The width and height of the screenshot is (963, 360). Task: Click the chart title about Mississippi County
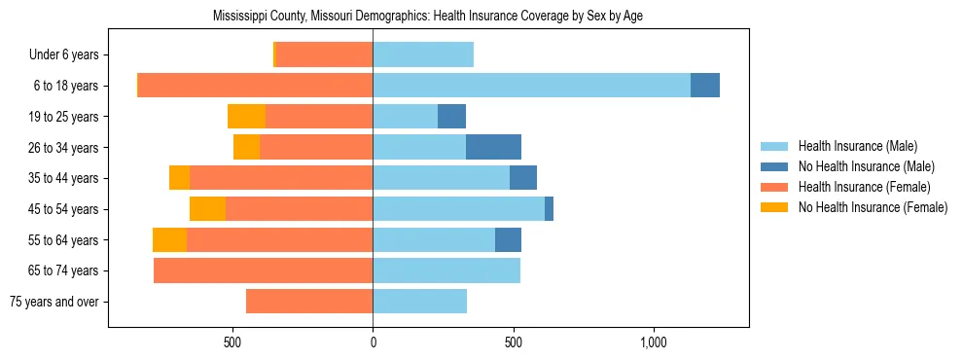click(428, 17)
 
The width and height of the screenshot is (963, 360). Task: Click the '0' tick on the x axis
click(373, 342)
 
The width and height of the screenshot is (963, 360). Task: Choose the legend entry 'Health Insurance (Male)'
click(857, 146)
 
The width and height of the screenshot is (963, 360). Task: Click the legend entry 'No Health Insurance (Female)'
click(873, 207)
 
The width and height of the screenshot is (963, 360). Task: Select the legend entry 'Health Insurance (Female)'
click(865, 187)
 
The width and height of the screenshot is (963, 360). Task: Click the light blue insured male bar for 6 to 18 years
click(531, 86)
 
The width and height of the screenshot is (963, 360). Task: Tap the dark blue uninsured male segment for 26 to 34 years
click(493, 147)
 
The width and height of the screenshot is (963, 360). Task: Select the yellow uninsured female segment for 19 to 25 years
click(246, 117)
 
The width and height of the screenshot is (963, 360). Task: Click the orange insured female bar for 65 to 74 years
click(263, 270)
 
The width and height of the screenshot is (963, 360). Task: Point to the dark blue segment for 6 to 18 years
click(705, 86)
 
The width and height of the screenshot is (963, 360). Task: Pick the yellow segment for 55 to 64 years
click(169, 240)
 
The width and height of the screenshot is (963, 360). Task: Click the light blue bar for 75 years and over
click(419, 302)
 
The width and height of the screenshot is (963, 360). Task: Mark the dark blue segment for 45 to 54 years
click(549, 209)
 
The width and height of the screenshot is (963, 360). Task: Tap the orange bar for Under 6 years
click(324, 55)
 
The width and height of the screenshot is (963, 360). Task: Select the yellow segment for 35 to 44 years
click(179, 178)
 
